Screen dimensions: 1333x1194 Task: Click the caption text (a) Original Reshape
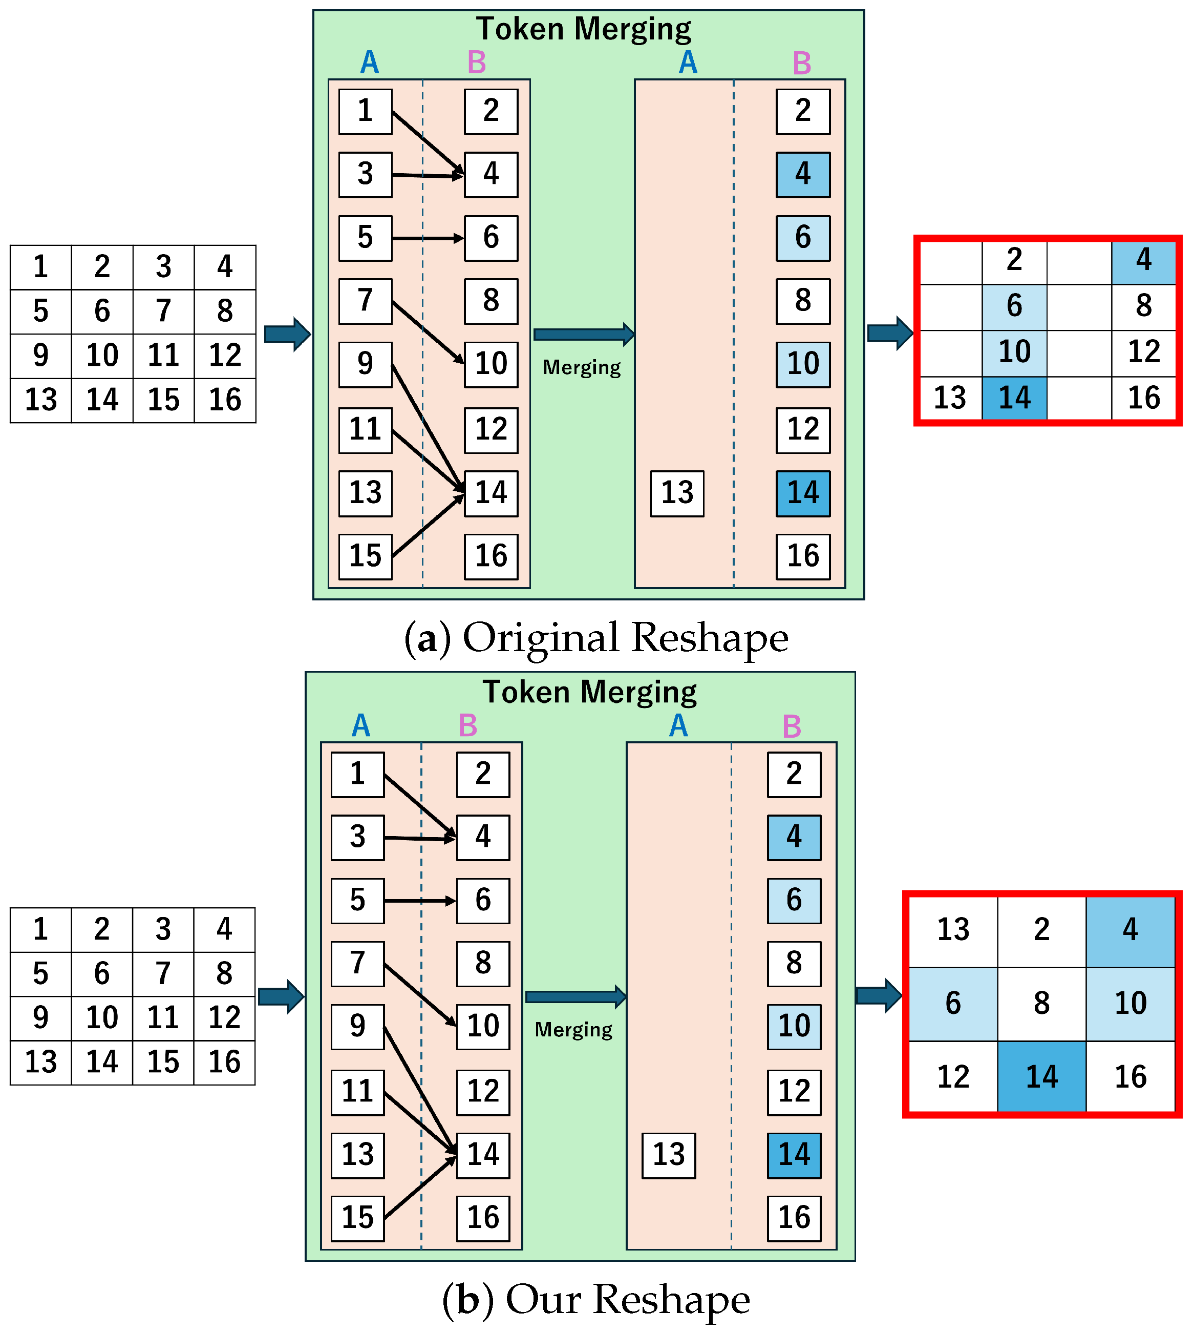tap(595, 637)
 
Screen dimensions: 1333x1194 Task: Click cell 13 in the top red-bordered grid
tap(950, 398)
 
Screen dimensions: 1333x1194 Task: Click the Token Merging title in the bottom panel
tap(589, 693)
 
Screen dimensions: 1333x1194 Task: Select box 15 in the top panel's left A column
tap(366, 556)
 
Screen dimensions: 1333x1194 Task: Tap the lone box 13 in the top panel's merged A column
tap(677, 493)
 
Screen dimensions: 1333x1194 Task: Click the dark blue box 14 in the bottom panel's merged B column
tap(794, 1155)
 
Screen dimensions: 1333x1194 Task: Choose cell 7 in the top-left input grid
tap(163, 311)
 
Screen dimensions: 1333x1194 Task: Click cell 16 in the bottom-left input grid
tap(224, 1062)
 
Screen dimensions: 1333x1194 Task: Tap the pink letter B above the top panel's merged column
tap(802, 64)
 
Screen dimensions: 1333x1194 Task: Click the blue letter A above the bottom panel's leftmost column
tap(361, 726)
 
